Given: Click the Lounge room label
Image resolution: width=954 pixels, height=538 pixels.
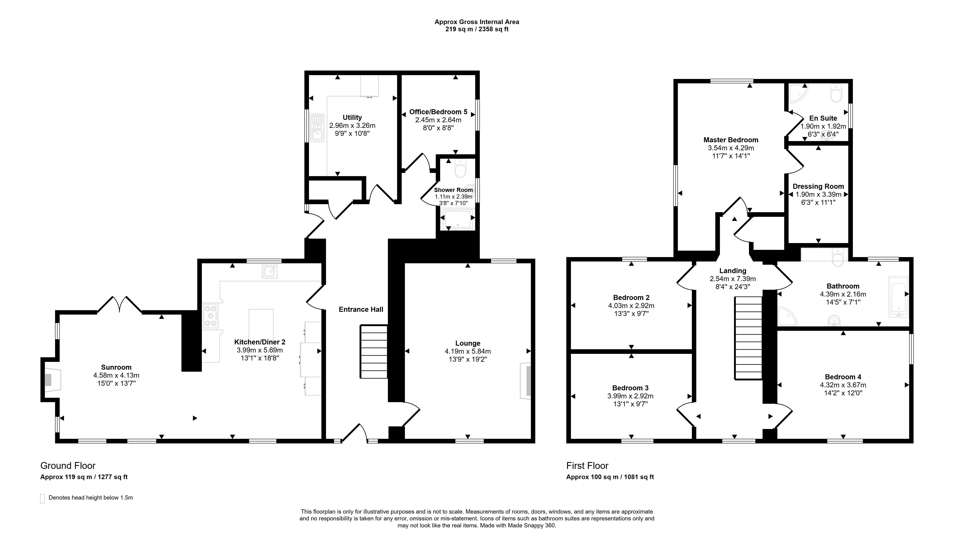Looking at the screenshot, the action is point(468,343).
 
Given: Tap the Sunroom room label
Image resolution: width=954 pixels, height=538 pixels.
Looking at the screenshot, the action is point(116,367).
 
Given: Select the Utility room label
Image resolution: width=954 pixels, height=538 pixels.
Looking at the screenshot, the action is point(352,117).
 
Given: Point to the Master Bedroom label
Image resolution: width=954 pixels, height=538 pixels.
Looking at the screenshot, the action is point(731,140).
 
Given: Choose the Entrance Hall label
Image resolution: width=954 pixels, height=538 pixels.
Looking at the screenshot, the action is point(361,309).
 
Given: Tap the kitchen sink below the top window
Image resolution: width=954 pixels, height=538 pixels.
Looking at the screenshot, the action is point(270,272).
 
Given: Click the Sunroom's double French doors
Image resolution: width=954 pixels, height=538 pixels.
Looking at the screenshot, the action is point(119,305).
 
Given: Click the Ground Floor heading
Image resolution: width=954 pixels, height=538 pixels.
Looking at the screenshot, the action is point(68,466).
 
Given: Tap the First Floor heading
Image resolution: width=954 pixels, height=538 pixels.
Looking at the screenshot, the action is point(587,466).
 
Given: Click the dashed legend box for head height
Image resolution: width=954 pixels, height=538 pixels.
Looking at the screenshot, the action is point(43,499).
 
